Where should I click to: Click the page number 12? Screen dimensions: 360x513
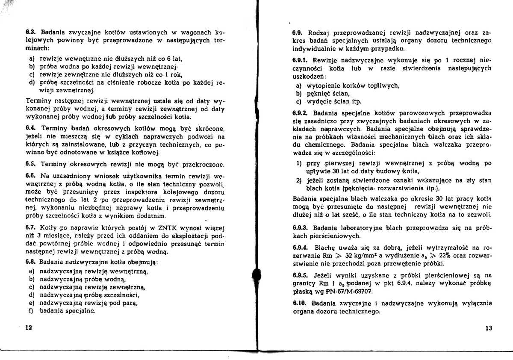[x=29, y=328]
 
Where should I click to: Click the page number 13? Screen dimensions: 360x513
[x=489, y=328]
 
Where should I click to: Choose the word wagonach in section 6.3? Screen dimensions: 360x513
[x=192, y=32]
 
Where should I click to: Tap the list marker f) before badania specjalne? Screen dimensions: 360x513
[x=32, y=311]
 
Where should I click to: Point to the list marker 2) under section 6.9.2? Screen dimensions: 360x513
[x=299, y=180]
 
